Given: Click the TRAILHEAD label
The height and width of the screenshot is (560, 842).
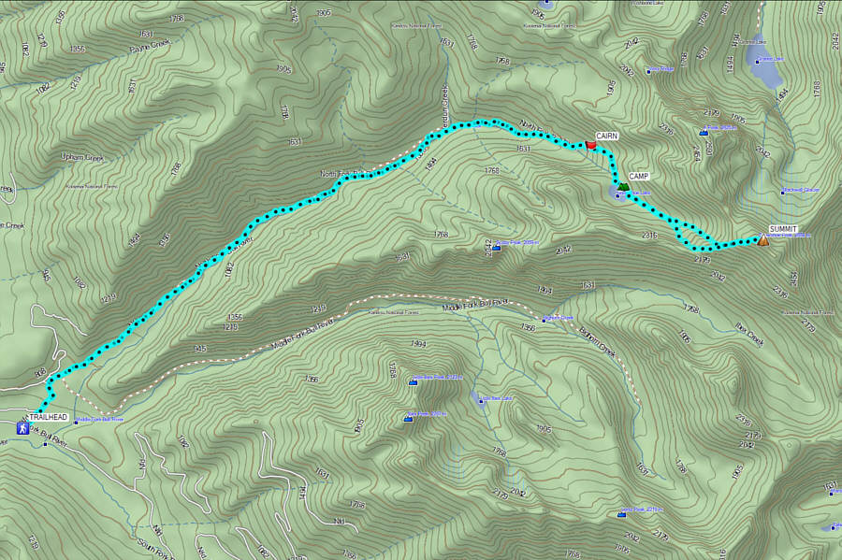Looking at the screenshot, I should point(48,416).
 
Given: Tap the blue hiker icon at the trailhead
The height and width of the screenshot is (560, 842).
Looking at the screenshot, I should point(22,427).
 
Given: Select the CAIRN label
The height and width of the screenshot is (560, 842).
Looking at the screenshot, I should point(607,136).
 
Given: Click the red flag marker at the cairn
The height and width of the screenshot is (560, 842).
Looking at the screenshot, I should point(590,145).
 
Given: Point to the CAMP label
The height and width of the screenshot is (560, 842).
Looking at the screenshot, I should point(639,177).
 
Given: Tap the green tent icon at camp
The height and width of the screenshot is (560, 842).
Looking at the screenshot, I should point(623,187).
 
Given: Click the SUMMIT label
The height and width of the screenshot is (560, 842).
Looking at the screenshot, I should point(783,229).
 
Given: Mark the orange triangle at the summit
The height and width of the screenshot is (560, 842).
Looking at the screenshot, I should point(763,240).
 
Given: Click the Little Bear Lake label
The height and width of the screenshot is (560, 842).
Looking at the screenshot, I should point(497,398).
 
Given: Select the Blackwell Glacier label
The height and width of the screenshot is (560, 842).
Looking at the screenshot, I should point(800,191).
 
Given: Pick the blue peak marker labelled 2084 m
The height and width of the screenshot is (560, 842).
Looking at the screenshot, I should point(494,248).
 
